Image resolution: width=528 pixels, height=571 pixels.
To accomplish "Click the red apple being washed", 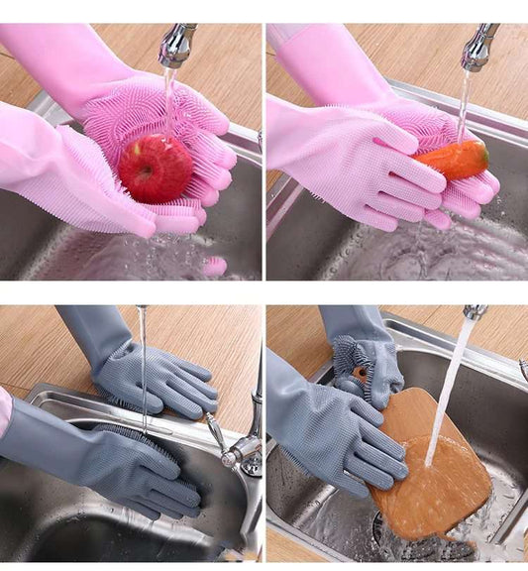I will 156,170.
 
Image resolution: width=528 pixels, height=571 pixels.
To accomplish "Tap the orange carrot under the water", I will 453,160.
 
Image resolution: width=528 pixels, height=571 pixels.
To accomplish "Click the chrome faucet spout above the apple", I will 175,46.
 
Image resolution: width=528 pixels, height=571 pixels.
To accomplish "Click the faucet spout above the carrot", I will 477,48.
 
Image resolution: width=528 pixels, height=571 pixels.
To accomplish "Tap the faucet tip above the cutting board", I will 475,312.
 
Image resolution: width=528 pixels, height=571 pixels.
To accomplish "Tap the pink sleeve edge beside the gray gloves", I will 5,411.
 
